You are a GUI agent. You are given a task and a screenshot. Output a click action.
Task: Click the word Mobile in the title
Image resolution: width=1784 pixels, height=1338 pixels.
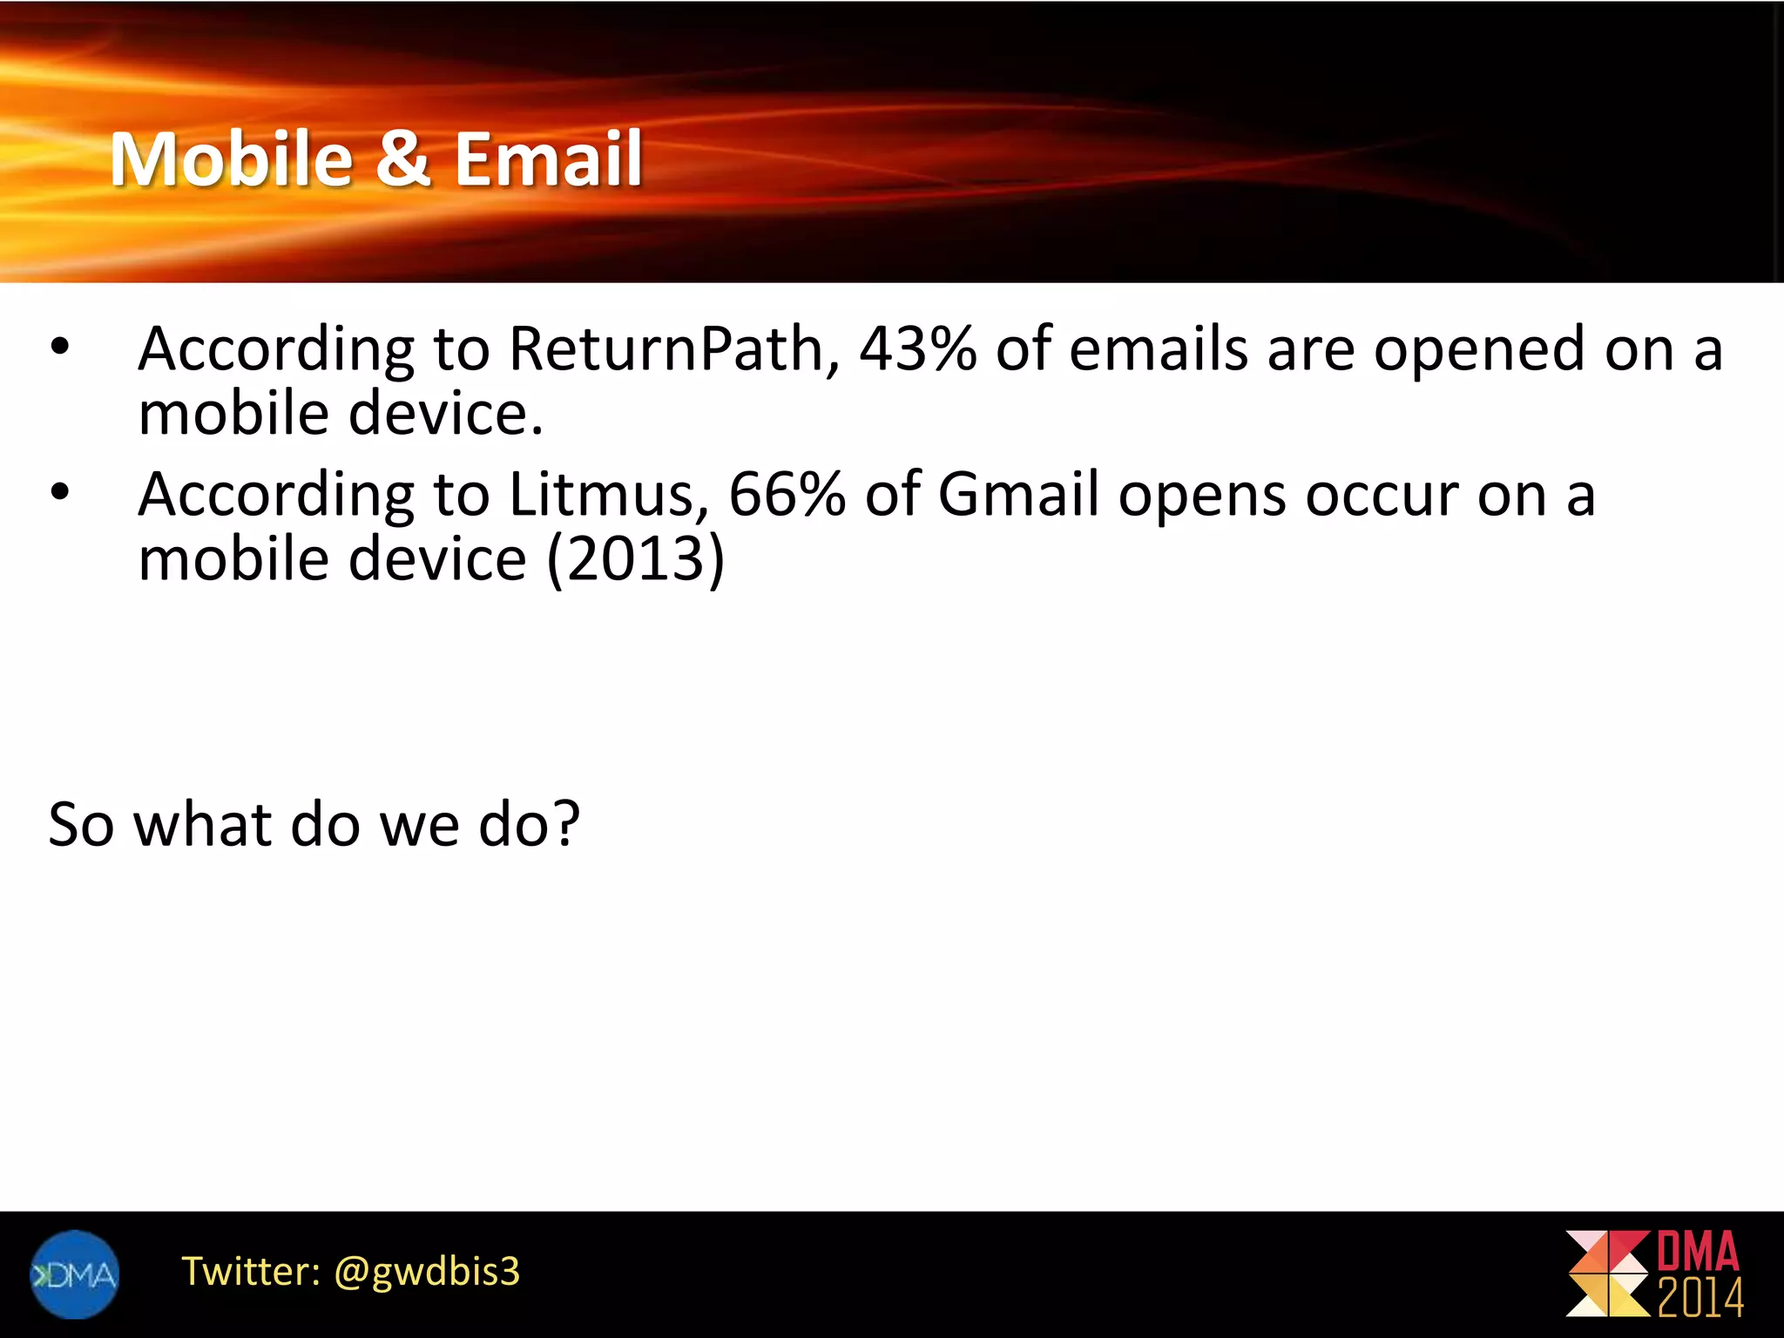point(231,159)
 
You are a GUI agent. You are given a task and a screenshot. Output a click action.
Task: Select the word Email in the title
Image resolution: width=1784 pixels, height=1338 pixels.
point(548,159)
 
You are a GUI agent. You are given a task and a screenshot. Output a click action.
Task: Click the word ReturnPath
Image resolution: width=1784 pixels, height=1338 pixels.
point(666,349)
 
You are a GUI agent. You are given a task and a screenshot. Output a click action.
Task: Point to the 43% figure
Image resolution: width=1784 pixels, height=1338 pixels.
point(917,348)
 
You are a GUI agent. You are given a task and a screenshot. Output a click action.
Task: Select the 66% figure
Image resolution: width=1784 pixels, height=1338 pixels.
point(786,495)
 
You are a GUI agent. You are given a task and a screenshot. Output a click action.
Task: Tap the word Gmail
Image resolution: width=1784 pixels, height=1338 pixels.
point(1018,495)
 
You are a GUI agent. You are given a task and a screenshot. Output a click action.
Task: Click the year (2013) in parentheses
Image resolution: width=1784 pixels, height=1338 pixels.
point(636,559)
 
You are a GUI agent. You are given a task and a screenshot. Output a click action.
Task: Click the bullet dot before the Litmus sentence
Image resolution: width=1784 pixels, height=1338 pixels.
point(59,493)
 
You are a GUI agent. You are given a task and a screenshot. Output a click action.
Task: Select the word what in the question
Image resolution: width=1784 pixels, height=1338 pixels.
point(202,824)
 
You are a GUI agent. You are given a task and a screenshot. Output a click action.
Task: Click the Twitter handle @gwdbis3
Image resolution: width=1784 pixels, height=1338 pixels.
point(427,1272)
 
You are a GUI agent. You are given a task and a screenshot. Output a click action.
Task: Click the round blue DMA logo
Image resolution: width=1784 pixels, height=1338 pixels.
point(74,1274)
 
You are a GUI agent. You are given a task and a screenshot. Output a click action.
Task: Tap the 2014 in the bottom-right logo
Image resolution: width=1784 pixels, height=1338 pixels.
point(1700,1298)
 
